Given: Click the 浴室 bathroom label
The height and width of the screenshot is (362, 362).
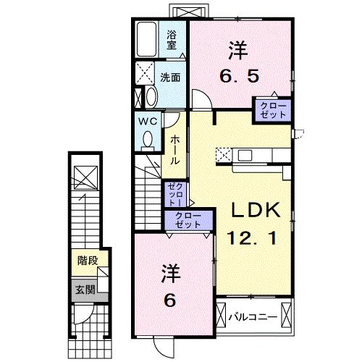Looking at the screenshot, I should point(172,39).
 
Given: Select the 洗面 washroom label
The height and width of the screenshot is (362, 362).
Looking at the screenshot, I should point(170,77).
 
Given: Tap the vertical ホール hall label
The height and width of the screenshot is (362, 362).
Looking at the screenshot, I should point(174,149).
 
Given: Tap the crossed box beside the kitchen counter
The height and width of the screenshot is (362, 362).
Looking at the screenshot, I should point(224,154).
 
